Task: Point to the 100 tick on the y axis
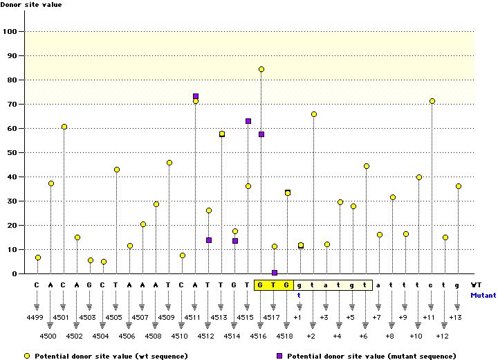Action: coord(12,31)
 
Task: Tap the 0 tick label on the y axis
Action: coord(15,273)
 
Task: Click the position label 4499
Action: coord(37,317)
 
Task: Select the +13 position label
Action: coord(455,317)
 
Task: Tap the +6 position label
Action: coord(364,336)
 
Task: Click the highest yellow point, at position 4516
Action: coord(261,69)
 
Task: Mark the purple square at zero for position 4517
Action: coord(275,273)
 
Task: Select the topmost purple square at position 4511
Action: coord(196,96)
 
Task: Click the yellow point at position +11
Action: coord(432,101)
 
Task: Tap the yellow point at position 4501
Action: coord(64,127)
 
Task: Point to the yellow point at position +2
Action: coord(314,114)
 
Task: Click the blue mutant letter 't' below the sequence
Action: coord(299,294)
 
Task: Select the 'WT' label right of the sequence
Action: coord(477,285)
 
